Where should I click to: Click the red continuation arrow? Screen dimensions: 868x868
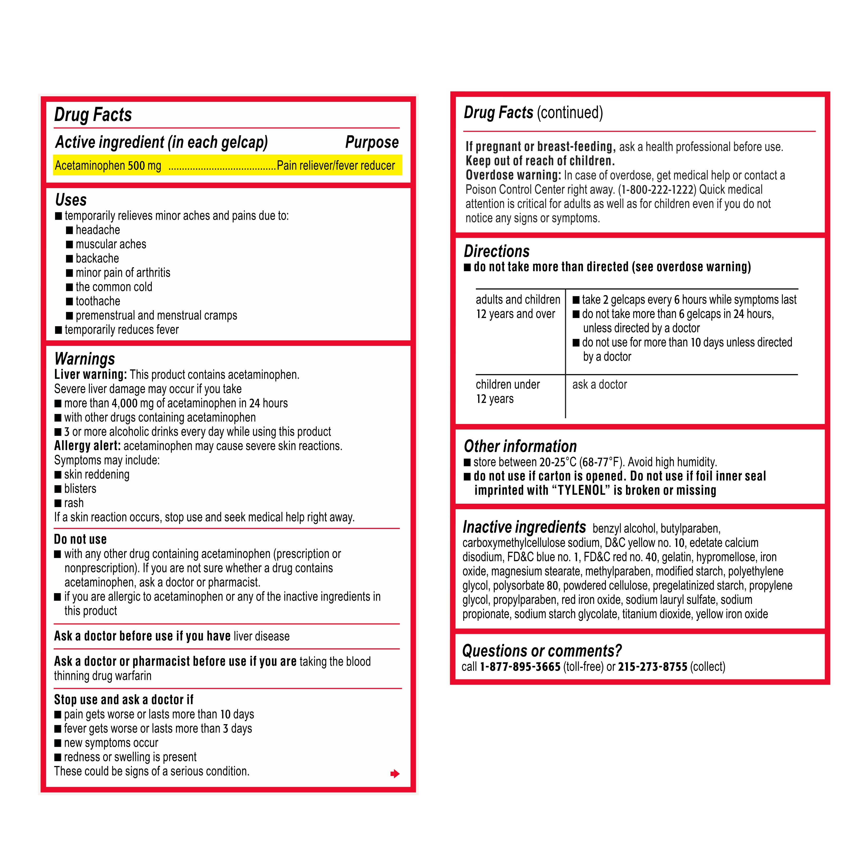pyautogui.click(x=395, y=773)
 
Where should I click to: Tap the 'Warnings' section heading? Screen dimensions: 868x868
pyautogui.click(x=84, y=359)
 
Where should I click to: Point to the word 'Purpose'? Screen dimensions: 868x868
pyautogui.click(x=372, y=142)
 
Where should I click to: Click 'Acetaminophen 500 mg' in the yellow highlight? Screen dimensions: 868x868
pyautogui.click(x=108, y=166)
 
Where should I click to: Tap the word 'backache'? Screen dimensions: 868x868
pyautogui.click(x=97, y=258)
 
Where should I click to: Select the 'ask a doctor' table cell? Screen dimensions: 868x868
pyautogui.click(x=599, y=385)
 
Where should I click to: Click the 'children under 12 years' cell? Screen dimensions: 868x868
pyautogui.click(x=508, y=391)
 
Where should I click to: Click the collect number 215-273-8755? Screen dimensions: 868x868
pyautogui.click(x=652, y=667)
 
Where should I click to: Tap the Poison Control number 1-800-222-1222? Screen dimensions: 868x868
pyautogui.click(x=658, y=190)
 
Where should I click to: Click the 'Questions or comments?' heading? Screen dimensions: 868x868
pyautogui.click(x=542, y=650)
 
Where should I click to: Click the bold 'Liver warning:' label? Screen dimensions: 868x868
pyautogui.click(x=90, y=375)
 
